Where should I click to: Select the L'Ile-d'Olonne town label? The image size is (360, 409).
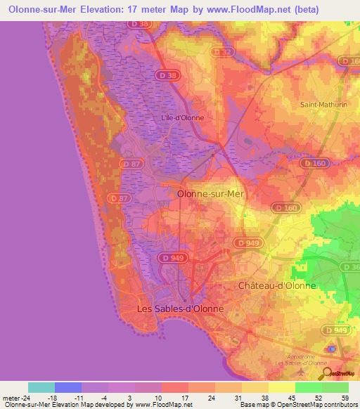pos(183,117)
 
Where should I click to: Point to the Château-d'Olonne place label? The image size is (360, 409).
pos(277,286)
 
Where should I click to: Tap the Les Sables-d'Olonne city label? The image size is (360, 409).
pos(180,309)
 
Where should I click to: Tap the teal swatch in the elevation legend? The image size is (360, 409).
pos(41,387)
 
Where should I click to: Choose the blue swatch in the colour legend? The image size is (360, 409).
pos(68,387)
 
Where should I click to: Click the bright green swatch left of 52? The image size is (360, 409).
pos(309,387)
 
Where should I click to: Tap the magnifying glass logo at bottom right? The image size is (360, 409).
pos(328,373)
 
